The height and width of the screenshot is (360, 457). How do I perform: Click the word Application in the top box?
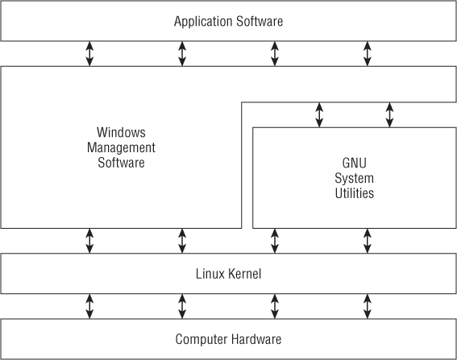pyautogui.click(x=203, y=22)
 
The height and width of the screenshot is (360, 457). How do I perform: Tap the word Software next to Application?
pyautogui.click(x=260, y=21)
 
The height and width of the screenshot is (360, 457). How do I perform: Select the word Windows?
pyautogui.click(x=121, y=133)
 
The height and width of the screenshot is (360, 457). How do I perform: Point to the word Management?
pyautogui.click(x=121, y=147)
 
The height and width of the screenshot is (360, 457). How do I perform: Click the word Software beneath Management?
pyautogui.click(x=121, y=163)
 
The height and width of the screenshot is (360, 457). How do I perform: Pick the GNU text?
pyautogui.click(x=354, y=163)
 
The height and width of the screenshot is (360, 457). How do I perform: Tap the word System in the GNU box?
pyautogui.click(x=354, y=178)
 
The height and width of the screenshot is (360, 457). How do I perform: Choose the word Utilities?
pyautogui.click(x=354, y=193)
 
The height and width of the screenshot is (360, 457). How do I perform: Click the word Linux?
pyautogui.click(x=210, y=274)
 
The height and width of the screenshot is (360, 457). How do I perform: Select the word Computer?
pyautogui.click(x=201, y=339)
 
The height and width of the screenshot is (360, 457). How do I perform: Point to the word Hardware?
pyautogui.click(x=256, y=339)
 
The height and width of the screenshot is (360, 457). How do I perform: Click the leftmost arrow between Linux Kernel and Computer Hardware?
pyautogui.click(x=89, y=306)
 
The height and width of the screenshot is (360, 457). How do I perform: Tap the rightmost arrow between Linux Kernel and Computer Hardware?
pyautogui.click(x=368, y=306)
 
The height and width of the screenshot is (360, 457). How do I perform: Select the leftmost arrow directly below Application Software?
pyautogui.click(x=89, y=54)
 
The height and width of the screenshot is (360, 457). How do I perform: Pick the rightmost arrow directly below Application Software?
pyautogui.click(x=368, y=54)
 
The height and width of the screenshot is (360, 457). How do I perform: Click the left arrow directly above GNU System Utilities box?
pyautogui.click(x=319, y=114)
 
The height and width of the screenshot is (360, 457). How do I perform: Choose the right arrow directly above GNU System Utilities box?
pyautogui.click(x=389, y=114)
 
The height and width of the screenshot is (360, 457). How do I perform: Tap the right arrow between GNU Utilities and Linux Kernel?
pyautogui.click(x=368, y=241)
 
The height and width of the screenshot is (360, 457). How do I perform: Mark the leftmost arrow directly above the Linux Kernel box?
pyautogui.click(x=89, y=241)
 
